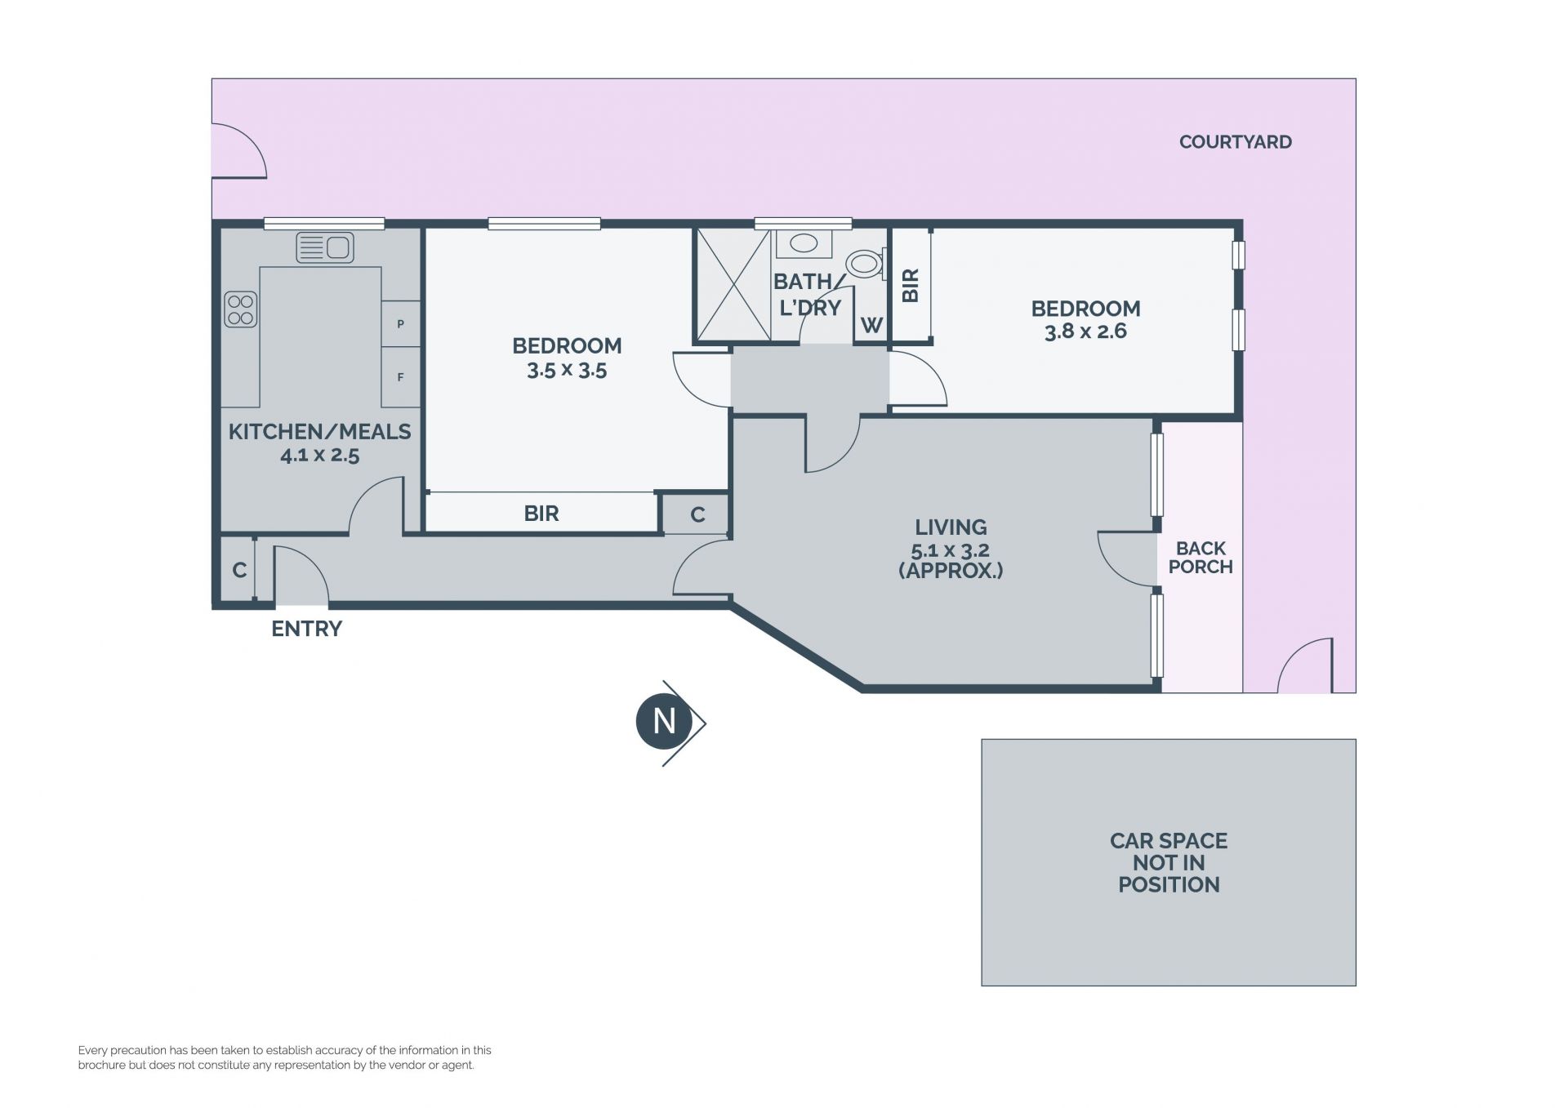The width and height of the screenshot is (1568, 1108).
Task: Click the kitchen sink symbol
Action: point(324,247)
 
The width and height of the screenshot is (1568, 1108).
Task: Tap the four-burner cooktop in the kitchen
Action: point(241,309)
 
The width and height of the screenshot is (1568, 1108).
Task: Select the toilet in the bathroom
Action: point(866,264)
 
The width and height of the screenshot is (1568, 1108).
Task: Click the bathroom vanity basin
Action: point(804,243)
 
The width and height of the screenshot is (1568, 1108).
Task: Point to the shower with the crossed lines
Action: point(733,284)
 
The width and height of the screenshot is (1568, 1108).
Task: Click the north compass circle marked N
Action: point(664,722)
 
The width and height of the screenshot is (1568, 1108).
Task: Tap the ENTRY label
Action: point(306,629)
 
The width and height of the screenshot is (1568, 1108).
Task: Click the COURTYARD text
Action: point(1235,142)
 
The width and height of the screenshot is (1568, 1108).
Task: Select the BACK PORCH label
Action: point(1200,558)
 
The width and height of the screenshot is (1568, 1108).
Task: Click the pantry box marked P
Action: point(400,324)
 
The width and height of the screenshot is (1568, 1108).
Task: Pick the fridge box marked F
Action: point(400,377)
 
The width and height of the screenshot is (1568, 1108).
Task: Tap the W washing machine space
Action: point(871,325)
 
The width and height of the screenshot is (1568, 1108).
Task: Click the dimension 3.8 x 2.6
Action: point(1085,332)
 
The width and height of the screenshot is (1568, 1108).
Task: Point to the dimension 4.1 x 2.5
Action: point(319,456)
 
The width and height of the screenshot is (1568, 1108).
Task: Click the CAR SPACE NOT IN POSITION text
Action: point(1169,862)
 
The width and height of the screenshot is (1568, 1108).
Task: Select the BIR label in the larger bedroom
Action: point(541,514)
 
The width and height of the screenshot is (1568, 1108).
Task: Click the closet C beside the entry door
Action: point(239,570)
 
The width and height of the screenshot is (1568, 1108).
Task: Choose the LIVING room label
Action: point(951,527)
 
